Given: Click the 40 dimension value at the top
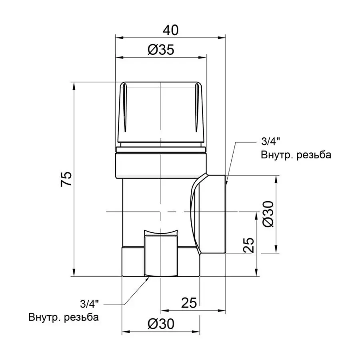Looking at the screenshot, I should pos(169,30).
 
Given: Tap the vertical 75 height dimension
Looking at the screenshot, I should pos(66,179).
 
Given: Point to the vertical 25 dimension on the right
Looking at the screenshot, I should pos(248,245).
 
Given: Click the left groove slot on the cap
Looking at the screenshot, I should pos(125,108).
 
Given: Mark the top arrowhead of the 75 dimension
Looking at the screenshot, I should pos(74,86).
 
